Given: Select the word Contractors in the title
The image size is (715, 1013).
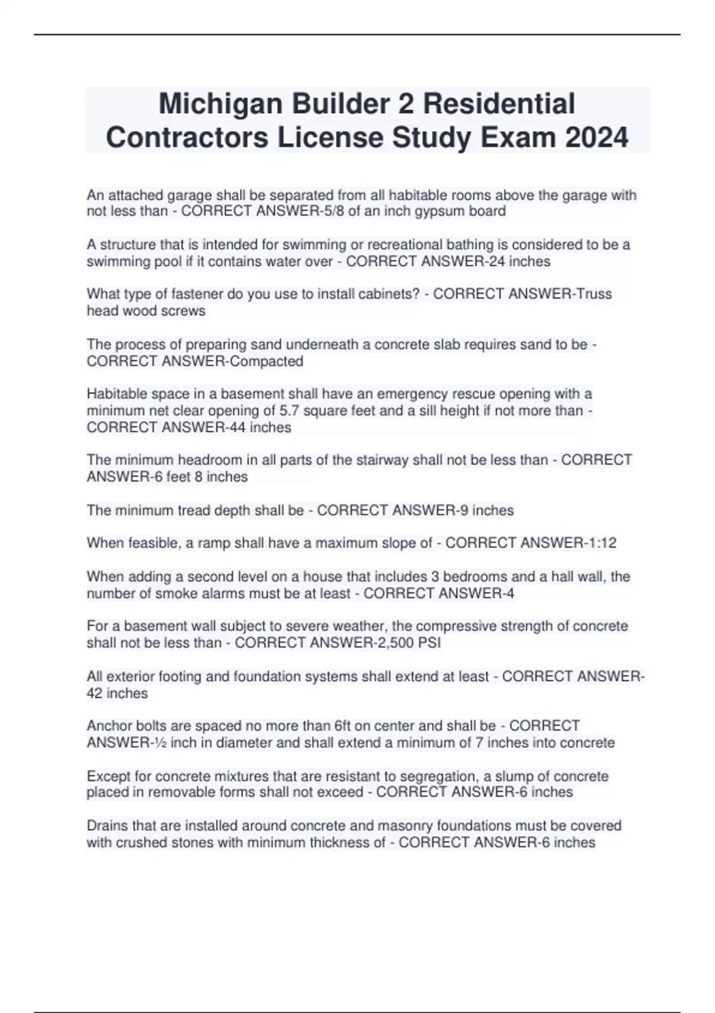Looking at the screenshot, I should [187, 138].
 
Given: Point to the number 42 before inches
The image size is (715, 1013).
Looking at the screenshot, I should [95, 693].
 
